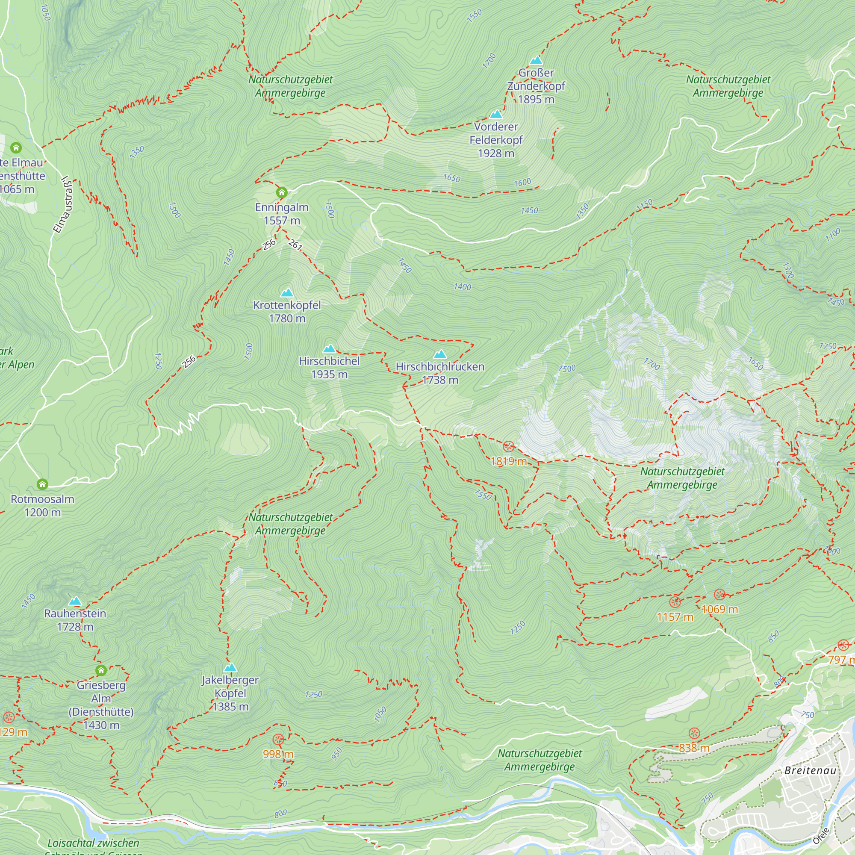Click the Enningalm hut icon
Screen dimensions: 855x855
tap(281, 192)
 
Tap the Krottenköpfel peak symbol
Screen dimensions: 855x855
tap(287, 292)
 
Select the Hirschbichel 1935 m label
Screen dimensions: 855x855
tap(329, 367)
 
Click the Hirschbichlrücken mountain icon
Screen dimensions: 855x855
tap(440, 354)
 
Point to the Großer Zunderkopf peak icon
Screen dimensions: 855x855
tap(536, 60)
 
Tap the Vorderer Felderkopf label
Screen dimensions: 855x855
tap(495, 133)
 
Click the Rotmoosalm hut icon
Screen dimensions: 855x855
tap(42, 484)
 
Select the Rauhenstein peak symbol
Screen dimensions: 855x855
tap(75, 601)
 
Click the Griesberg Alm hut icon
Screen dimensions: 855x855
tap(101, 670)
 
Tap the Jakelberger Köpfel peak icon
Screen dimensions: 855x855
tap(230, 667)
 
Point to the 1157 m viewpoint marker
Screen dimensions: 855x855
tap(675, 601)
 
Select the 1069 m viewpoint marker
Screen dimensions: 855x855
tap(719, 594)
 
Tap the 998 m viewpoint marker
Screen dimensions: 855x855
tap(278, 739)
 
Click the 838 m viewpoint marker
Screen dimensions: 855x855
tap(694, 733)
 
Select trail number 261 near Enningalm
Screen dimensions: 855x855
tap(295, 244)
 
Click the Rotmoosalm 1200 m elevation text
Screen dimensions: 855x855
tap(42, 513)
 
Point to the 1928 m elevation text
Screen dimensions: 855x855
tap(495, 153)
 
